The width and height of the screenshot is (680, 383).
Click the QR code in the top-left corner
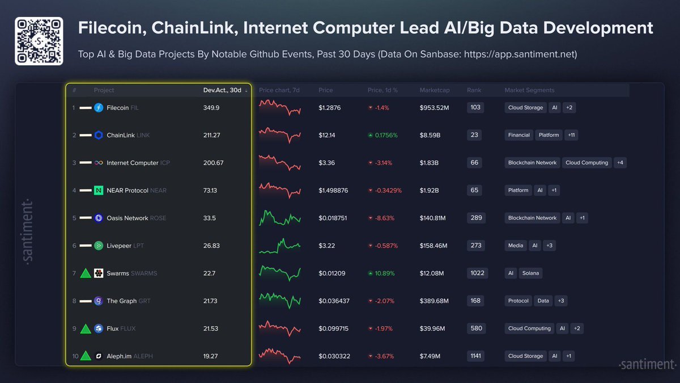click(x=39, y=41)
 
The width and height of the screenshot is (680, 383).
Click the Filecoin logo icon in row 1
click(x=99, y=108)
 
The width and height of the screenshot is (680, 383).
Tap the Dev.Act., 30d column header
click(x=222, y=90)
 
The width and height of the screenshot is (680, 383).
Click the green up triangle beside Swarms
click(x=86, y=273)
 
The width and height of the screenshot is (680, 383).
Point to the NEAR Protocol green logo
click(x=99, y=191)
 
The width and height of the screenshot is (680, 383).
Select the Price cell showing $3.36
click(x=327, y=163)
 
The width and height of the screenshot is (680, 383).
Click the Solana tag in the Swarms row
click(x=531, y=273)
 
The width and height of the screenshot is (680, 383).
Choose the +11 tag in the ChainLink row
click(x=571, y=135)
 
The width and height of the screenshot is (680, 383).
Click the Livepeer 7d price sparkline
click(x=280, y=246)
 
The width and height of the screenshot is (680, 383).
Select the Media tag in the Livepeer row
click(x=516, y=246)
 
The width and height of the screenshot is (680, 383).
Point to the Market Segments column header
click(x=529, y=90)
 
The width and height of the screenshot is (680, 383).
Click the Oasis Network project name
click(x=127, y=218)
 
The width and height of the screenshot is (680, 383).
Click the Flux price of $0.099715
click(x=334, y=329)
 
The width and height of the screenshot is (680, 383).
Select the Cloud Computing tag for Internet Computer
click(x=586, y=163)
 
